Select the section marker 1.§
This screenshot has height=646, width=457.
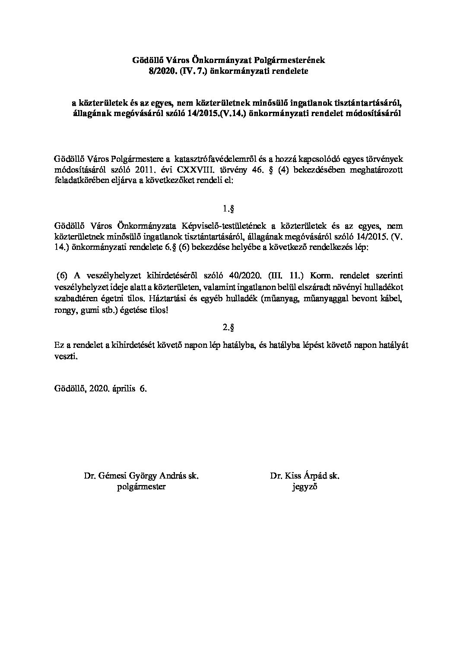point(228,210)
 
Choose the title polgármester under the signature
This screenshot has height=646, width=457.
point(141,487)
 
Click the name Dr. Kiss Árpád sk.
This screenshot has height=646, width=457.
point(305,476)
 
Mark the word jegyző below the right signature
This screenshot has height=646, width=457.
point(305,487)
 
